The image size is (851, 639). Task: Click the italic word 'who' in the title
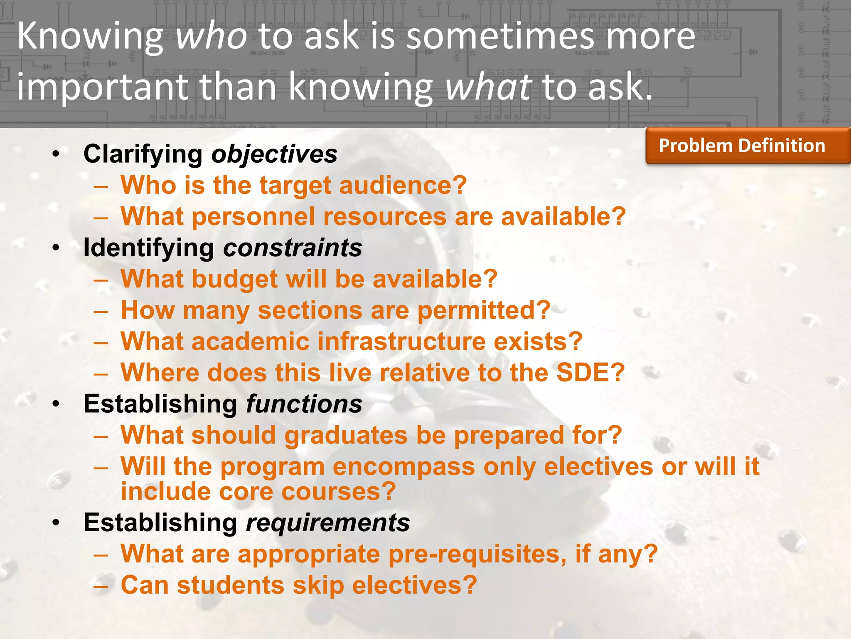click(x=211, y=37)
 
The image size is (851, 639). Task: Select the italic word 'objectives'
click(x=274, y=154)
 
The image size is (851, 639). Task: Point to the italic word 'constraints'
click(x=293, y=248)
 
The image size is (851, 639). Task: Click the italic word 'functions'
click(x=304, y=404)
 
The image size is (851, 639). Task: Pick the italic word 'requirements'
click(x=328, y=523)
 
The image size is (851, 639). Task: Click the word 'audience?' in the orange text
click(x=403, y=185)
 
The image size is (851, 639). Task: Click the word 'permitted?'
click(x=484, y=310)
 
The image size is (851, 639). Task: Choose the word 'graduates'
click(x=346, y=436)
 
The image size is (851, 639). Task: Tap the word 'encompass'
click(x=403, y=467)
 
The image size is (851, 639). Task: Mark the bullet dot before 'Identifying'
click(x=56, y=248)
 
